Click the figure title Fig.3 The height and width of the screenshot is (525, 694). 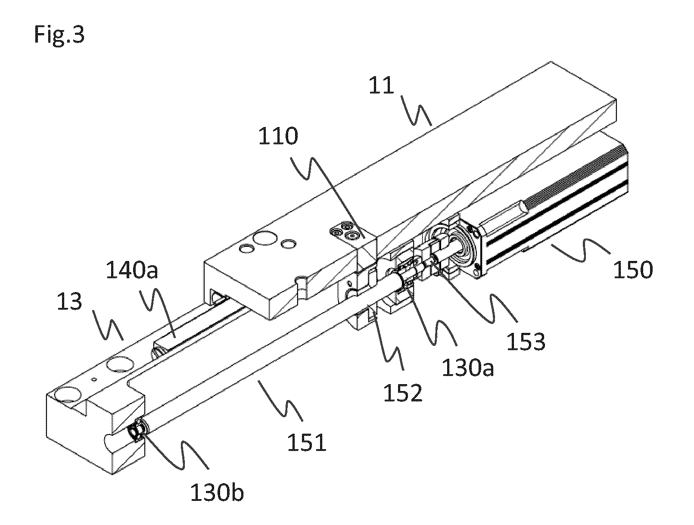pyautogui.click(x=59, y=35)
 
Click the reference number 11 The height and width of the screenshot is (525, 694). pyautogui.click(x=382, y=85)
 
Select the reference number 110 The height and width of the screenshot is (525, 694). pyautogui.click(x=278, y=136)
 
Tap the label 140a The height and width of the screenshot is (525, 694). pyautogui.click(x=132, y=270)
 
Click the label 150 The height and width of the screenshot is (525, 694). pyautogui.click(x=633, y=270)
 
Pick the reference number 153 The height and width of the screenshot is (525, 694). pyautogui.click(x=526, y=342)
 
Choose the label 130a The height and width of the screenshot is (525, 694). pyautogui.click(x=468, y=368)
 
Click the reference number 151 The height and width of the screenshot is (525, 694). pyautogui.click(x=307, y=442)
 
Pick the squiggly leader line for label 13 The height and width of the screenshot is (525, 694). pyautogui.click(x=108, y=326)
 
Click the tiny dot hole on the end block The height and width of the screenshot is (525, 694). pyautogui.click(x=93, y=379)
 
